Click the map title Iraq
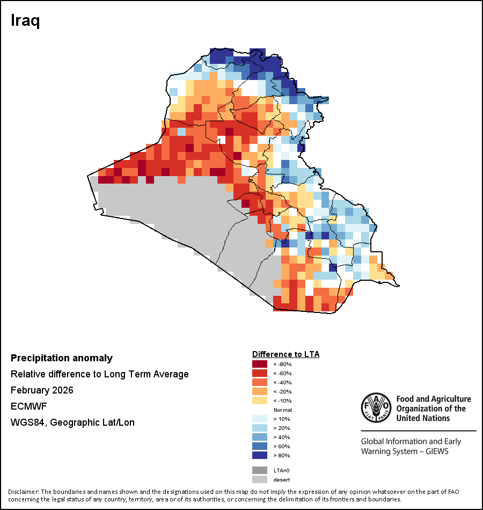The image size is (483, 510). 26,21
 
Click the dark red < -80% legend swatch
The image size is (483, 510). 260,364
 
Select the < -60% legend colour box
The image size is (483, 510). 260,373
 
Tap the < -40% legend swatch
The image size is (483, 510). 260,382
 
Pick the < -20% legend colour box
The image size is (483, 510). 260,391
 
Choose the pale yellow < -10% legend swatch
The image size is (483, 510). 260,400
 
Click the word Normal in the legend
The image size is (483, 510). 282,410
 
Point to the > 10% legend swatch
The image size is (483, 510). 260,419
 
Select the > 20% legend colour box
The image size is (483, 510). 260,428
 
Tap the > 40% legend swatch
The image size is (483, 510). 260,437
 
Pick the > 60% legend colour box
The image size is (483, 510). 260,446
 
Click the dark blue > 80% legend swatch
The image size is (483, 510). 260,455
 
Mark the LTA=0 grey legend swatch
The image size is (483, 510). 260,470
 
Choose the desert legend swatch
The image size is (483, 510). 260,479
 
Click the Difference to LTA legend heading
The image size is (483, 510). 286,354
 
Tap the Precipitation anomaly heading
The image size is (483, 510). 62,358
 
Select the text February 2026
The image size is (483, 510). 42,390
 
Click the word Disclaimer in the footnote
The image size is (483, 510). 24,492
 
